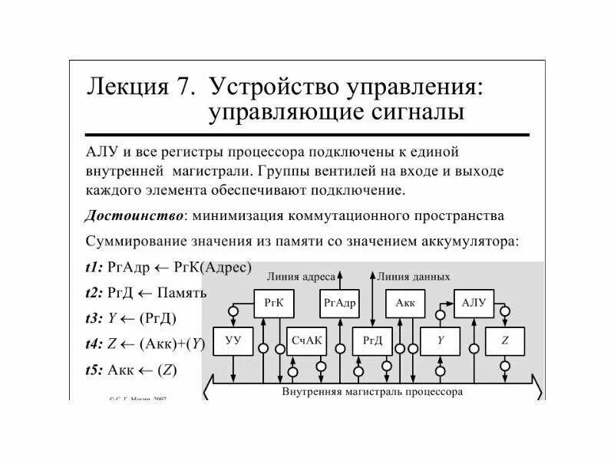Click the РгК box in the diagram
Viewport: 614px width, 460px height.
click(274, 303)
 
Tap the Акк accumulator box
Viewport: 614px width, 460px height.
click(404, 303)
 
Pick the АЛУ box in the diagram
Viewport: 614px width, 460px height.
click(473, 303)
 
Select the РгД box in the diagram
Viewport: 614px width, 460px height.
click(372, 340)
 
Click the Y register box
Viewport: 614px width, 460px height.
click(441, 340)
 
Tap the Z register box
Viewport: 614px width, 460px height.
click(506, 340)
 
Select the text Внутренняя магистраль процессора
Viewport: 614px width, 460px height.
click(372, 390)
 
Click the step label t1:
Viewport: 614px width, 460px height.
click(96, 268)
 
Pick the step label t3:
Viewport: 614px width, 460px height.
click(96, 318)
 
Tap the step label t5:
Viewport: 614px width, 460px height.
click(96, 370)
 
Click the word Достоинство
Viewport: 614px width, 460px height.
click(132, 215)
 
